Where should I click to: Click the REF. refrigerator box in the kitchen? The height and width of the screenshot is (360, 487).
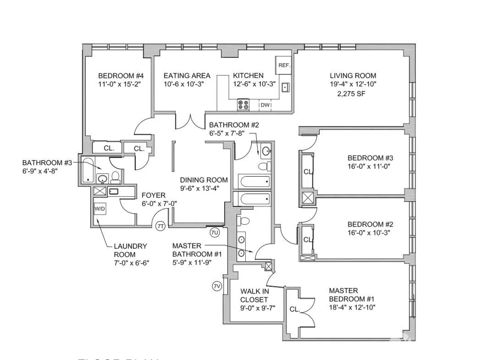(283, 65)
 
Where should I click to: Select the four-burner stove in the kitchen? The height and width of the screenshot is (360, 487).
(243, 105)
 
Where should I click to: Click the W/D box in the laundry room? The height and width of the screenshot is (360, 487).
(100, 209)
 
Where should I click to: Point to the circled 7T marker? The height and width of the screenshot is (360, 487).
(160, 226)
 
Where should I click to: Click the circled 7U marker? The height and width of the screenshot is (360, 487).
(215, 233)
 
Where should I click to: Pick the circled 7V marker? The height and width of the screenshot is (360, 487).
(217, 286)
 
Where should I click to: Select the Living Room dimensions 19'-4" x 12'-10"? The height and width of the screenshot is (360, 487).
(353, 84)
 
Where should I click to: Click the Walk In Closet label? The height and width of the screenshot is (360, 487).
(255, 295)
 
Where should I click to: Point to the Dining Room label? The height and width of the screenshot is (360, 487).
(204, 180)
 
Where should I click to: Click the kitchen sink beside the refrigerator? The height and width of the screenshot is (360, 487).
(285, 87)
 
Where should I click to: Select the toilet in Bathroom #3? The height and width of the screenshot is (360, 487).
(116, 176)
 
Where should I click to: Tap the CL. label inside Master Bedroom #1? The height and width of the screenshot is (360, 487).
(294, 310)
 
